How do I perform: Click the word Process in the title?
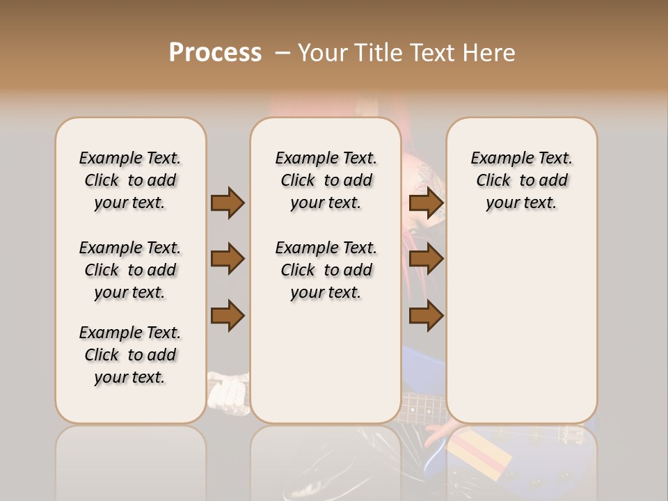coord(215,53)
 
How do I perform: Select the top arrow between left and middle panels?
coord(228,203)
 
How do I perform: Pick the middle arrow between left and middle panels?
coord(228,259)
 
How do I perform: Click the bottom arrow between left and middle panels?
coord(228,316)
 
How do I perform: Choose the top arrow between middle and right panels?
coord(426,203)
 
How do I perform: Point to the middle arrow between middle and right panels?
coord(426,259)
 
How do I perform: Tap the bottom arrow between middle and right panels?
coord(426,316)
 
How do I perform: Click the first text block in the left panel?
coord(130,180)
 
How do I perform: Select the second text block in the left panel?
coord(130,270)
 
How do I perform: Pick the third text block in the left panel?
coord(130,355)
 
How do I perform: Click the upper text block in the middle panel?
coord(326,180)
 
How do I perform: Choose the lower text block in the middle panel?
coord(326,270)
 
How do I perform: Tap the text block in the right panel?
coord(521,180)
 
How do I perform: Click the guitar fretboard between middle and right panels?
coord(423,406)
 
